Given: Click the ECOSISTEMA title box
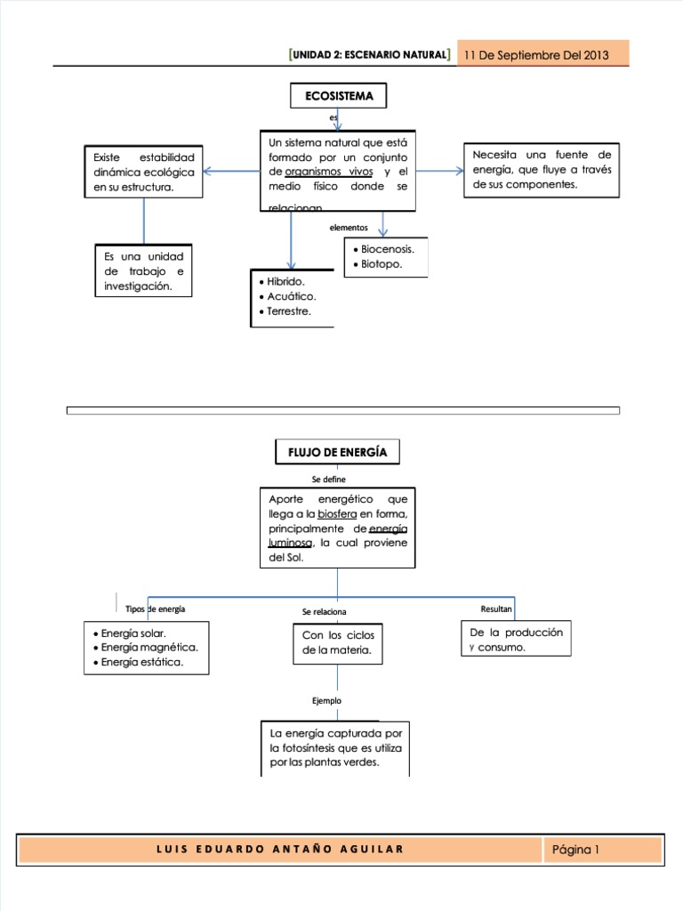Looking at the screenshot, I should point(338,97).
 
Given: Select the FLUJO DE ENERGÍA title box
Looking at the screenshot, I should point(337,452).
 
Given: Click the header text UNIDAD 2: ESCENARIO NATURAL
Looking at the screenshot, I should point(369,56).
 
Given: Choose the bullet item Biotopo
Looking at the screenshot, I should point(381,264).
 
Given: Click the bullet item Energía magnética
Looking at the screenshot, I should point(149,647).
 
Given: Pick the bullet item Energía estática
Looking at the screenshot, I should point(141,662).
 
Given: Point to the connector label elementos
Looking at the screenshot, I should point(349,228).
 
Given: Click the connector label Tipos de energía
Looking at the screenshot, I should point(156,609).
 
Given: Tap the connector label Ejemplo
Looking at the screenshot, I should point(326,701).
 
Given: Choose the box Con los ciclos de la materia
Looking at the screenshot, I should point(338,643).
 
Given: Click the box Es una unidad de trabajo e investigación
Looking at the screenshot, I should point(143,271).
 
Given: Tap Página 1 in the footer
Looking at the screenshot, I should point(575,850).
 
